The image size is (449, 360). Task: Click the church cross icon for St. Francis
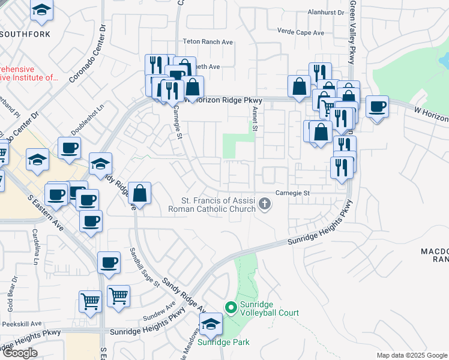coord(264,206)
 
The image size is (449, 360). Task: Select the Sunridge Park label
coord(224,343)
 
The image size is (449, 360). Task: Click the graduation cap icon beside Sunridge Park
coord(211,325)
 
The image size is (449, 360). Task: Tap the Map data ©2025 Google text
coord(411,355)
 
